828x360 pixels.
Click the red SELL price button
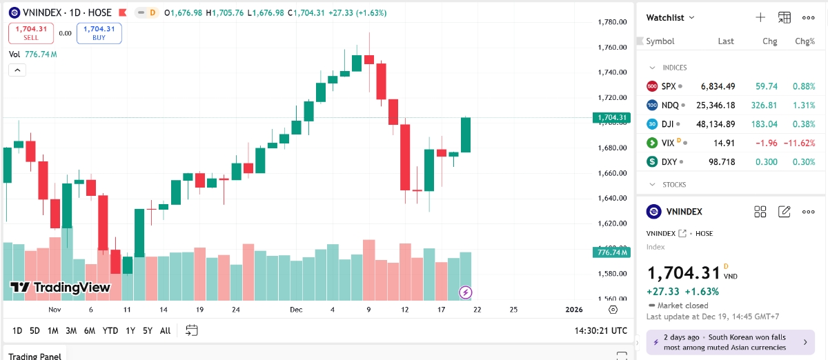[30, 33]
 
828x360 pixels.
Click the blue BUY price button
[99, 33]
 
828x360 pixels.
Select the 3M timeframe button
[71, 331]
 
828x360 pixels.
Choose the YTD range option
[110, 331]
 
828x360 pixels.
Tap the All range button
[165, 331]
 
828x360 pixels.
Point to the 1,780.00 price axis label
[611, 22]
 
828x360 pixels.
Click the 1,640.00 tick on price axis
[611, 199]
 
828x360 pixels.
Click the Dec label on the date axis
[296, 310]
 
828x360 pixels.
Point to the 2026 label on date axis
[574, 310]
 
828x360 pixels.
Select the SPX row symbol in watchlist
[668, 86]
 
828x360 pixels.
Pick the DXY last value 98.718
[718, 162]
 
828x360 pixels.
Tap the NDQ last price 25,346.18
[718, 106]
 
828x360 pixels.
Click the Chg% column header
[805, 41]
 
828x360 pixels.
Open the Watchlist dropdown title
[670, 17]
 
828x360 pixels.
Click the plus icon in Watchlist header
[760, 17]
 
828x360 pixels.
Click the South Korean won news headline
[724, 342]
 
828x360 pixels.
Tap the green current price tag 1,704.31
[611, 117]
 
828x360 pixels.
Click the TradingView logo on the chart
[60, 288]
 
